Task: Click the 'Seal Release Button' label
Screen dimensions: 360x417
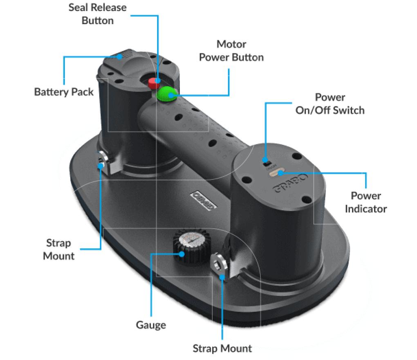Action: click(97, 14)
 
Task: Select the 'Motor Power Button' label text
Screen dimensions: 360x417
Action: click(231, 50)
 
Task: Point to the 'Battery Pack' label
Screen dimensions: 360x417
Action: click(64, 92)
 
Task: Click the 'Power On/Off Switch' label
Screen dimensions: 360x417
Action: click(330, 103)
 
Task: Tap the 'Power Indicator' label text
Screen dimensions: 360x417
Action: click(365, 202)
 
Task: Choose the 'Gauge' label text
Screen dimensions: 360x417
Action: click(151, 325)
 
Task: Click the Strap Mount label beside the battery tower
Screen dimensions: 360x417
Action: click(59, 250)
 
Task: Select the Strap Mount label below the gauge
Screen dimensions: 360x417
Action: click(222, 349)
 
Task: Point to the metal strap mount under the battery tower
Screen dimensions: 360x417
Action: click(103, 161)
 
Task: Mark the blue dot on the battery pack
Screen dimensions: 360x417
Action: click(119, 57)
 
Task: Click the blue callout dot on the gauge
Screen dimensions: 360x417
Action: click(180, 254)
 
